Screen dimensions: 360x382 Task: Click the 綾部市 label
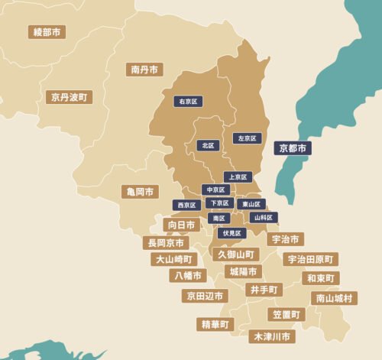pos(47,32)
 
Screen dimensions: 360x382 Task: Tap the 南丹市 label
pos(144,70)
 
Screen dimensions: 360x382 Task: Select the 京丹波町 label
pos(69,97)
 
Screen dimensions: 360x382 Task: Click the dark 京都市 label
pos(293,148)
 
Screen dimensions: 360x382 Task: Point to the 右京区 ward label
pos(188,101)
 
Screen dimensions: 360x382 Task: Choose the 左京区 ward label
pos(247,138)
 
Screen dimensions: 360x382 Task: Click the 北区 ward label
pos(208,145)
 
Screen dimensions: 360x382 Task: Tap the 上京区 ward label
pos(238,177)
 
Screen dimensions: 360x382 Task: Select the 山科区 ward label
pos(264,217)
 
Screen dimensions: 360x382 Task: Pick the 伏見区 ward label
pos(232,232)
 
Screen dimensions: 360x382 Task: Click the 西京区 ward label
pos(186,205)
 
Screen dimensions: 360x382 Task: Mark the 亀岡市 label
pos(140,191)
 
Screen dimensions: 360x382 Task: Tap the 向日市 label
pos(182,225)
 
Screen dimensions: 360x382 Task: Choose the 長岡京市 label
pos(166,242)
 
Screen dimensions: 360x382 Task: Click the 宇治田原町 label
pos(311,259)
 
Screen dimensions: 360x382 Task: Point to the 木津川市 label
pos(272,336)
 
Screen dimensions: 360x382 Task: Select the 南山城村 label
pos(334,298)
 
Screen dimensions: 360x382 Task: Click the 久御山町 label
pos(235,254)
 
